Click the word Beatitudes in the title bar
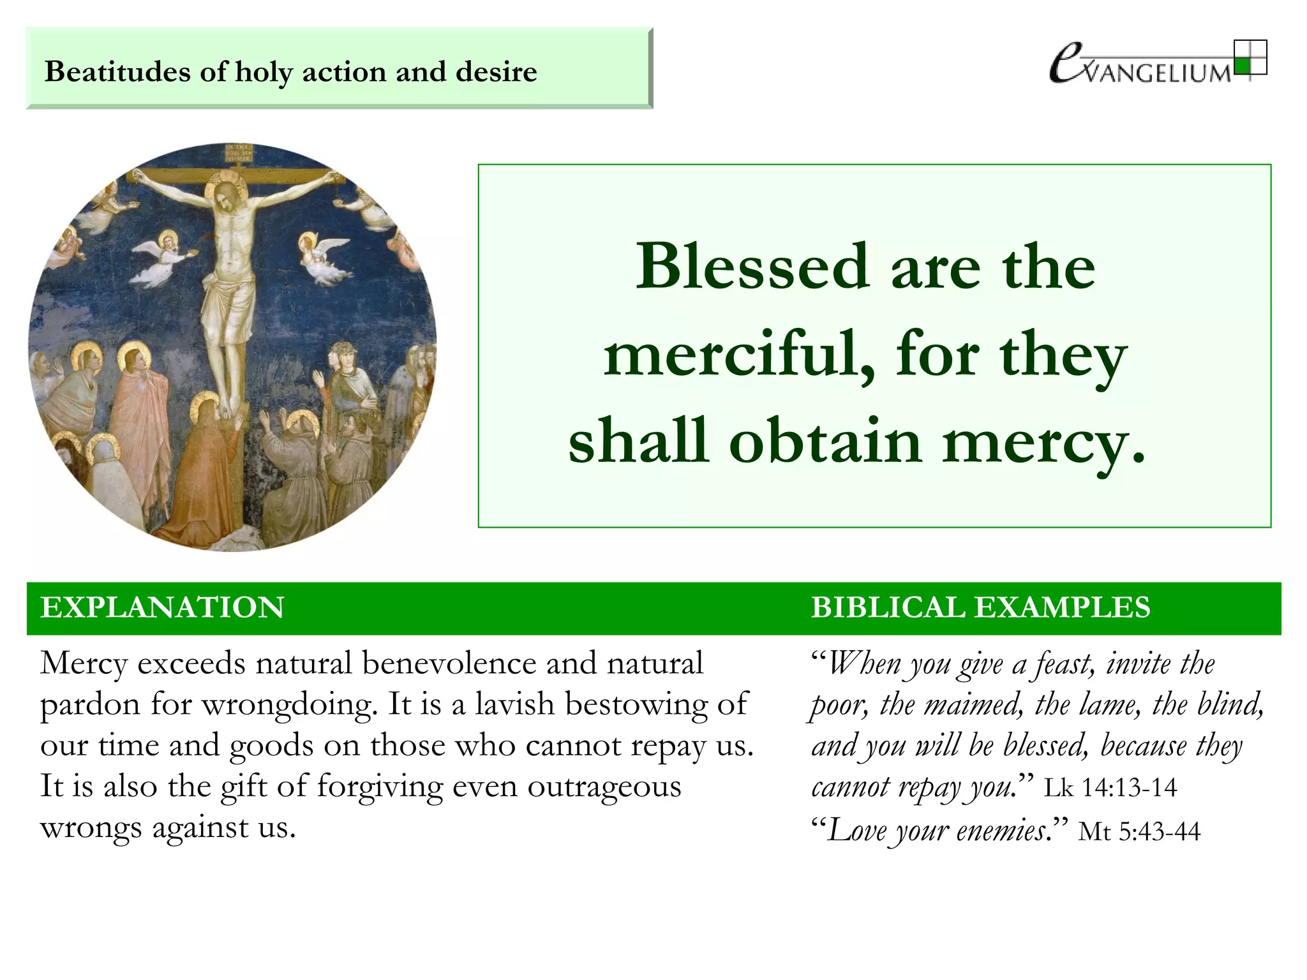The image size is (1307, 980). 117,71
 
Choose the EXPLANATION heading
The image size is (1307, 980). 162,607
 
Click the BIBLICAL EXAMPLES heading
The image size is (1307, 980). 980,607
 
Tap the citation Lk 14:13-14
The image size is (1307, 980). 1110,788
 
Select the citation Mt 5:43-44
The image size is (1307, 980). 1139,831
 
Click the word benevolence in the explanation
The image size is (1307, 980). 449,664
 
